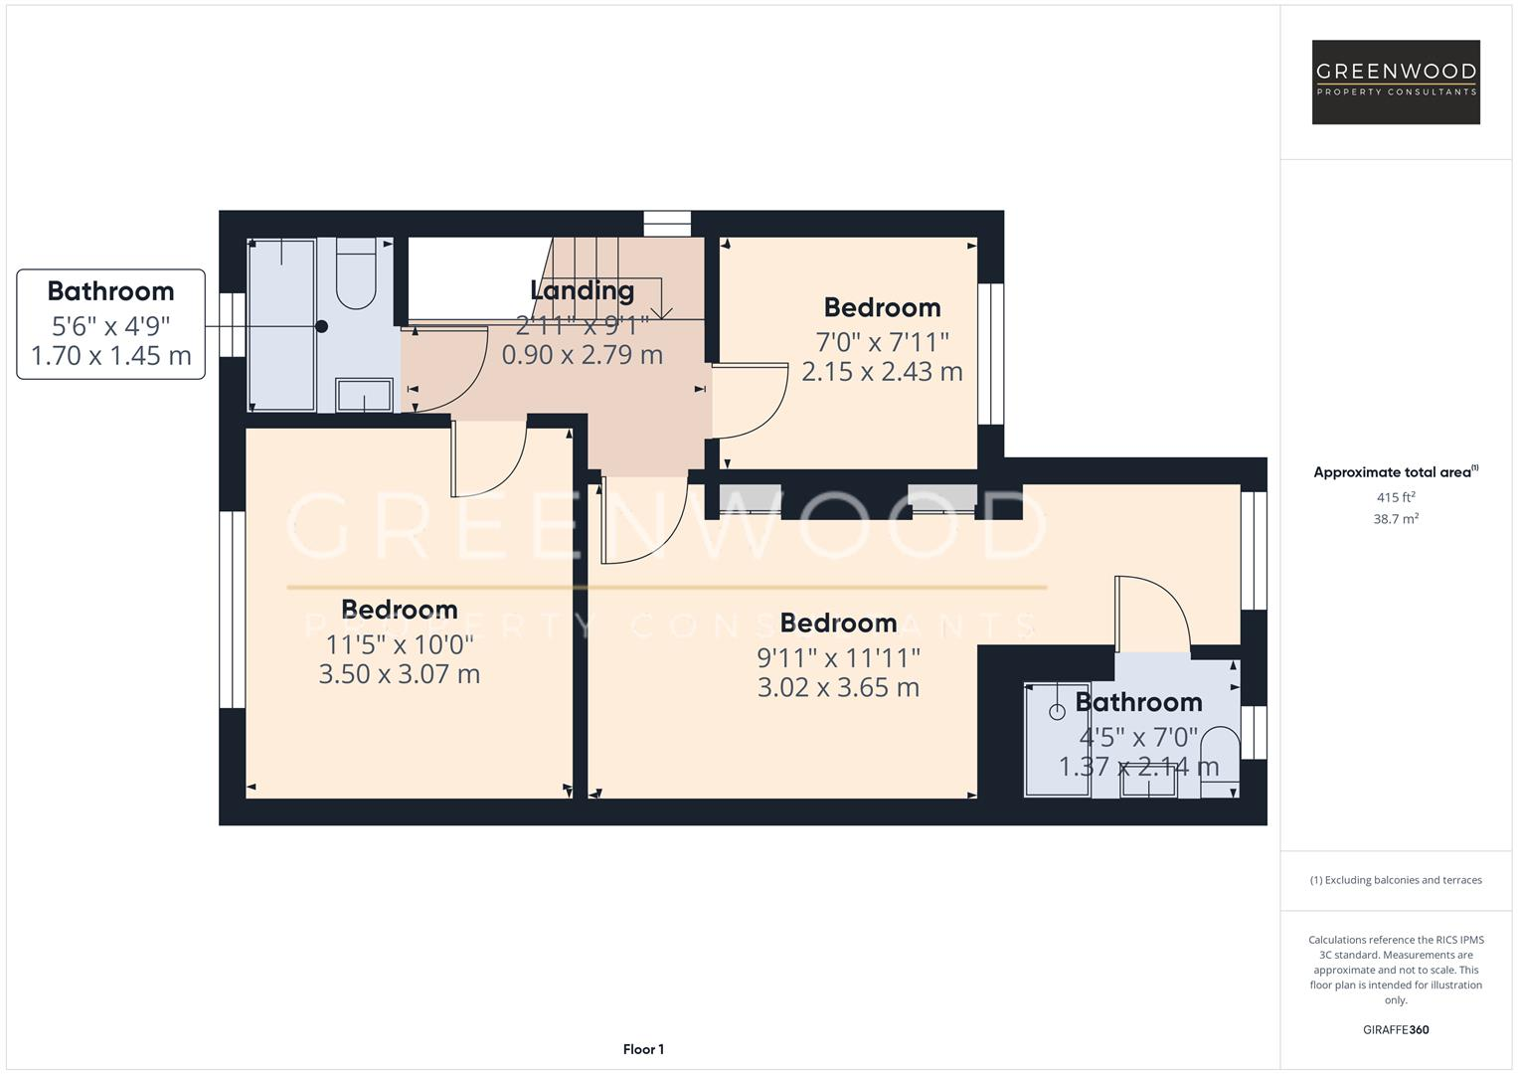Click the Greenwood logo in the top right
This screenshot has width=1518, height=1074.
(1396, 83)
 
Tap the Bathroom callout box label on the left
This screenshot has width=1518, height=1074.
(110, 291)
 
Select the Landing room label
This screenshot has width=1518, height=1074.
(582, 290)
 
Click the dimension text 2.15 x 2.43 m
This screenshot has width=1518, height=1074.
(882, 372)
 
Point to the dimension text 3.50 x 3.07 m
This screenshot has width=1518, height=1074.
(399, 674)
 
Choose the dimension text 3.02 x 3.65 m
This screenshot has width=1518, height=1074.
(838, 687)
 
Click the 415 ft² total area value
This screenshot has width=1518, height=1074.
(1395, 497)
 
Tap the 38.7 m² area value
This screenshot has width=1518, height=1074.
(1395, 519)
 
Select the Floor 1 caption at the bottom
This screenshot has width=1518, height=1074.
(643, 1049)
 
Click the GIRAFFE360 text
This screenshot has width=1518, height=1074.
(1395, 1029)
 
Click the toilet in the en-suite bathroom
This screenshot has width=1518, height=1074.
(1220, 762)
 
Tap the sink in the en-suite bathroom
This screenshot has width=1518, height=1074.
(1149, 785)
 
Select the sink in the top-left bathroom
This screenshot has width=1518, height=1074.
(364, 395)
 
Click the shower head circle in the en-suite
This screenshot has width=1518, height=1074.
(1056, 711)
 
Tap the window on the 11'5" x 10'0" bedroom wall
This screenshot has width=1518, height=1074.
(232, 610)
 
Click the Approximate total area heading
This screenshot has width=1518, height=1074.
(1395, 472)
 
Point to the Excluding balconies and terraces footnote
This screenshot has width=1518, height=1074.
(1395, 880)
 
